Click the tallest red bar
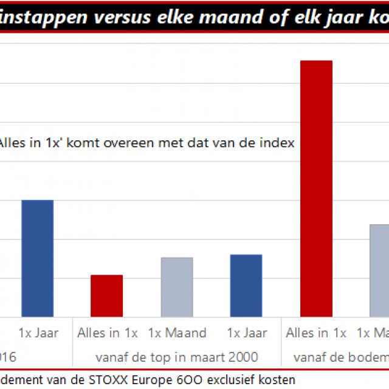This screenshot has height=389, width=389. [x=317, y=188]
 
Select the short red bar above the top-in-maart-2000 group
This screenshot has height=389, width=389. [x=106, y=296]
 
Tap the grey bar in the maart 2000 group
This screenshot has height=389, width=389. [x=177, y=287]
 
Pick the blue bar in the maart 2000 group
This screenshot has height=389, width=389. [x=246, y=286]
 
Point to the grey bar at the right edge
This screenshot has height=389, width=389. [x=380, y=270]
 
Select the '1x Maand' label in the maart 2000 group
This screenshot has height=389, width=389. [x=177, y=333]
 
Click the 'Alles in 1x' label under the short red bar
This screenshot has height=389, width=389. [x=108, y=333]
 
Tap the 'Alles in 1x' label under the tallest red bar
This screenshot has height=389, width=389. [x=316, y=333]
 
